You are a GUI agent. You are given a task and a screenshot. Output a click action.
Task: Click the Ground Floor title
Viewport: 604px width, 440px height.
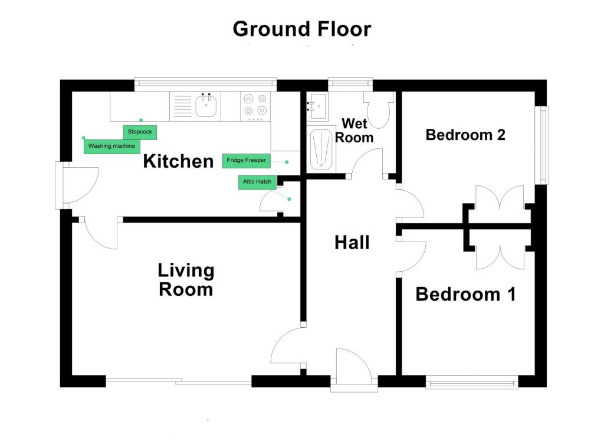pos(302,30)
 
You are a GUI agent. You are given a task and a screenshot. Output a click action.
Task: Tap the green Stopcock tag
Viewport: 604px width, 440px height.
pos(140,132)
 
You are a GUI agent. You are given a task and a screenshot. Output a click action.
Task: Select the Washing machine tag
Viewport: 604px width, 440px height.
pos(111,146)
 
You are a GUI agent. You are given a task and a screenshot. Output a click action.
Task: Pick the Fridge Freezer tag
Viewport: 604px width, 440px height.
pos(246,161)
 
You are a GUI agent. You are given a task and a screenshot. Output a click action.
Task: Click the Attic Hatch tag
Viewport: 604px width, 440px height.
pos(257,182)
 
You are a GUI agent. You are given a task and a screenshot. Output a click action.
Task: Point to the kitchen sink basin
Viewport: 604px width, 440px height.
pos(206,105)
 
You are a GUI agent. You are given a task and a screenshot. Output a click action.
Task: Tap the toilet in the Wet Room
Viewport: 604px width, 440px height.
pos(378,109)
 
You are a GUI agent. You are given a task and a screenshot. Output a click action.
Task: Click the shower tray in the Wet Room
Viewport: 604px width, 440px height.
pos(321,149)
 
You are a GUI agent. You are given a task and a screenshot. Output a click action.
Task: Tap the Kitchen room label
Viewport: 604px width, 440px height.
pos(178,161)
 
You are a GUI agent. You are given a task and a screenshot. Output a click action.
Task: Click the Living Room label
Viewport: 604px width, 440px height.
pos(186,280)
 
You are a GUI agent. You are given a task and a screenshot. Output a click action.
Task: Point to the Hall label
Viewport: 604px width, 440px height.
pos(352,243)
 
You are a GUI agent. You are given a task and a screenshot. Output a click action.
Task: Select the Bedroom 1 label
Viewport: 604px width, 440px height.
pos(465,294)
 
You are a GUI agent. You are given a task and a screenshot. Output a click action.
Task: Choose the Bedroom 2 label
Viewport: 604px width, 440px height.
pos(465,135)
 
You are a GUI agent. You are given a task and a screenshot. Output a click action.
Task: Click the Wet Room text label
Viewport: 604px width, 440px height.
pos(354,131)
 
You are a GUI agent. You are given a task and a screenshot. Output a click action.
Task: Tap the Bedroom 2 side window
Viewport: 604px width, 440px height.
pos(543,145)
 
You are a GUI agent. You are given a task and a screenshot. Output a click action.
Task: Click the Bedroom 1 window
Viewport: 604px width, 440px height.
pos(472,383)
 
